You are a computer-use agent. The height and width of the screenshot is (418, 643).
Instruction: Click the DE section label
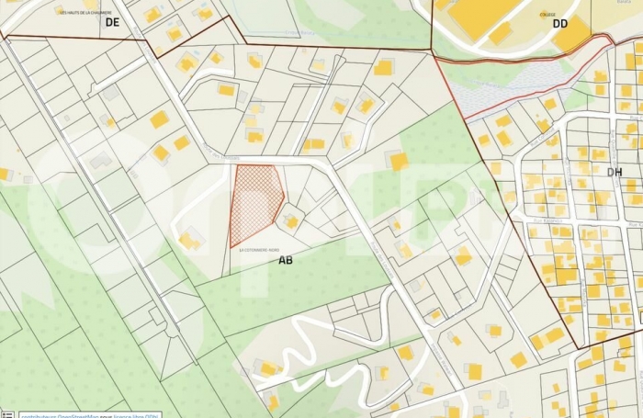112,22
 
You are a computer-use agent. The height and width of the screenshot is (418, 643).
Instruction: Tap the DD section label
560,23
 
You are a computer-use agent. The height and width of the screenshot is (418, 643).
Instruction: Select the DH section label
615,172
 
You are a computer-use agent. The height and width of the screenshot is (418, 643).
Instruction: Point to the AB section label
286,260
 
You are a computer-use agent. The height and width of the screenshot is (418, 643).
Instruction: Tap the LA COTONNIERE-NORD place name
259,249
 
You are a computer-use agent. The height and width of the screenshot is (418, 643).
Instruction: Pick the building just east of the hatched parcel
291,220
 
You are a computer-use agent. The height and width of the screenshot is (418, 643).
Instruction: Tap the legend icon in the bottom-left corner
7,413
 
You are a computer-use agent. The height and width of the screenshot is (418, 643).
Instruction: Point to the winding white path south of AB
303,345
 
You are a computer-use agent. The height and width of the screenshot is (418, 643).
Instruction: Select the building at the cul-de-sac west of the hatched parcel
190,241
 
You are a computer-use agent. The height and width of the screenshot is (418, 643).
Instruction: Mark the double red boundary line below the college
524,53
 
